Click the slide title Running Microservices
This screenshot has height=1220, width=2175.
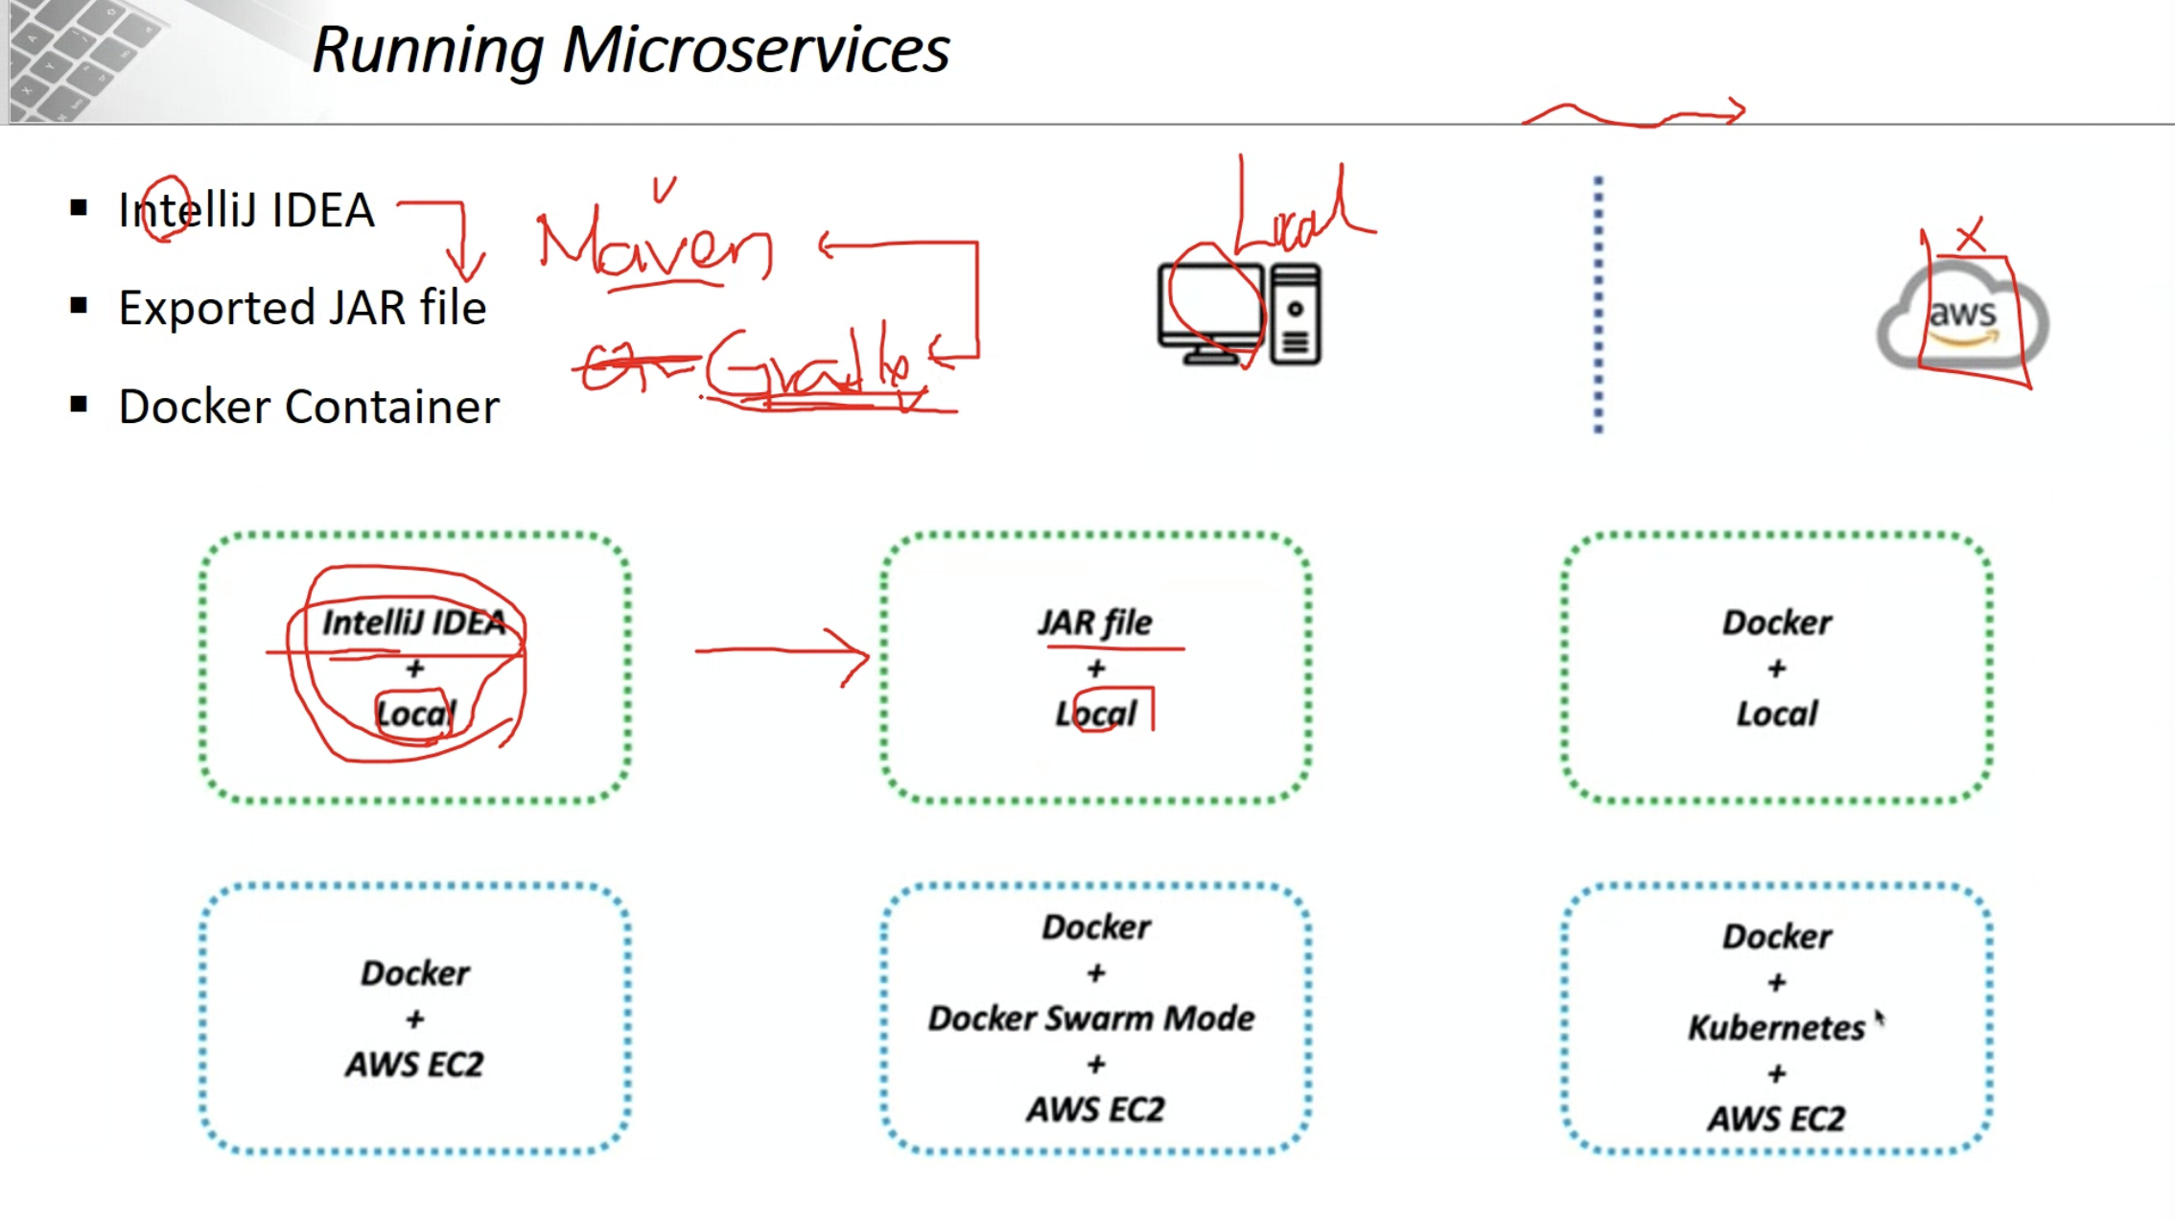tap(630, 50)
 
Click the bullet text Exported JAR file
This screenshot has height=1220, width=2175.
tap(302, 308)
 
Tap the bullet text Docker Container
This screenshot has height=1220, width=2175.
tap(309, 407)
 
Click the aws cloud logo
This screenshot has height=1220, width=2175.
tap(1962, 317)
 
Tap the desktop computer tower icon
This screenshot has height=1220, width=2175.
tap(1296, 315)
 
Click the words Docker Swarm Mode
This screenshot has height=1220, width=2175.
tap(1091, 1019)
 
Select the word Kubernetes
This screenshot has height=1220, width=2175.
tap(1776, 1028)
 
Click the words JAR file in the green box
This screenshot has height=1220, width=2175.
tap(1095, 622)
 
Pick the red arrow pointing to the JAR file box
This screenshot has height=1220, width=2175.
tap(783, 653)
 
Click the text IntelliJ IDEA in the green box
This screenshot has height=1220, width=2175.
tap(413, 622)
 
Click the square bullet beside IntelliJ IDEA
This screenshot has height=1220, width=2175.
tap(79, 208)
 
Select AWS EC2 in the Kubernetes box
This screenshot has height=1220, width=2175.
tap(1776, 1118)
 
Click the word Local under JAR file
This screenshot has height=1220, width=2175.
tap(1095, 714)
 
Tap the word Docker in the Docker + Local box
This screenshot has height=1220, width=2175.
tap(1776, 622)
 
